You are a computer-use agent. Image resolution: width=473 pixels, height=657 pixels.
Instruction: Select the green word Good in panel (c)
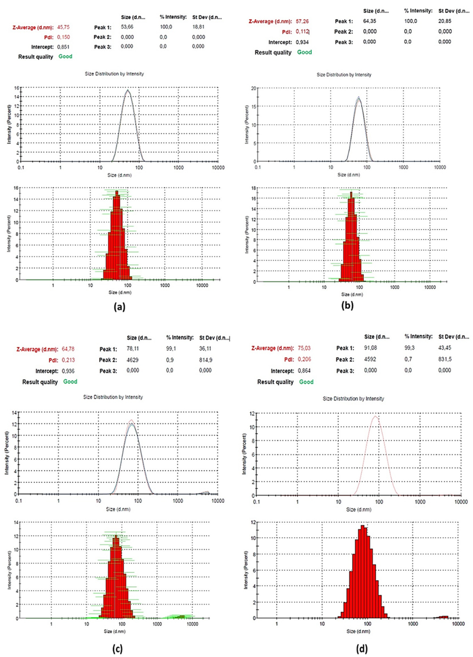pos(70,382)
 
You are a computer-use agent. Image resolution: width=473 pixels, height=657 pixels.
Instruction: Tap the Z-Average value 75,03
pos(304,348)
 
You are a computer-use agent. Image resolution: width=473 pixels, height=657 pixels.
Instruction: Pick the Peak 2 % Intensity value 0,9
pos(170,360)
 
